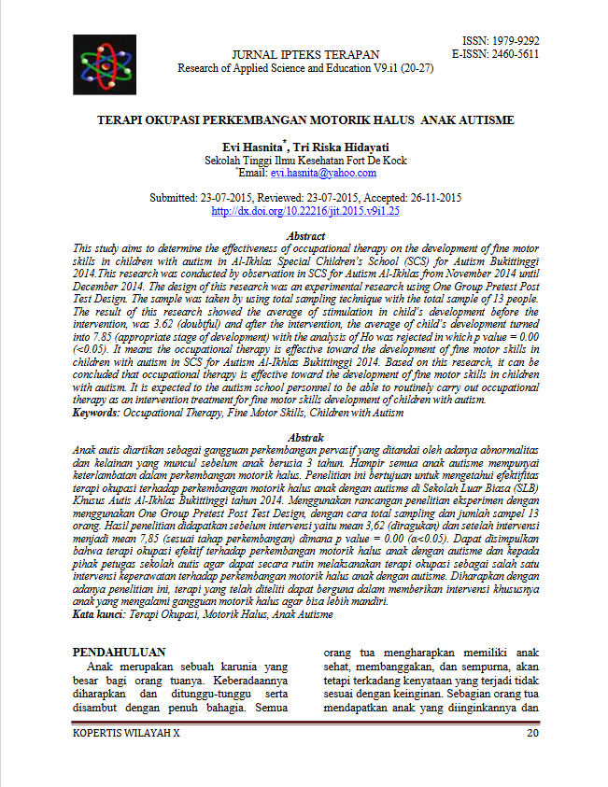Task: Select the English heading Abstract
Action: [306, 237]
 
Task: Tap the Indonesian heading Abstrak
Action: [306, 438]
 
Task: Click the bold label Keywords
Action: [98, 413]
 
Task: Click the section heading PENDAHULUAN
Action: [120, 652]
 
